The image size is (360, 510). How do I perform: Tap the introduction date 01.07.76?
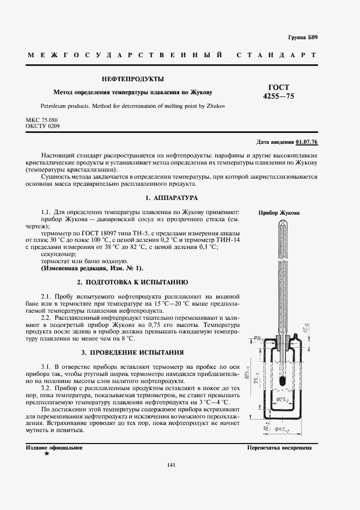307,142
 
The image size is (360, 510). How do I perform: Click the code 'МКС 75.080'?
42,120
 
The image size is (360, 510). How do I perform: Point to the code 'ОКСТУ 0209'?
42,126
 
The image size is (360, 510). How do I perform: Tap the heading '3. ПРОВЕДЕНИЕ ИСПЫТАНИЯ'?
132,352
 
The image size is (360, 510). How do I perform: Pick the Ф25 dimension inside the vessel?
282,399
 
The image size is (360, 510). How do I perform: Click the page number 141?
171,464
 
